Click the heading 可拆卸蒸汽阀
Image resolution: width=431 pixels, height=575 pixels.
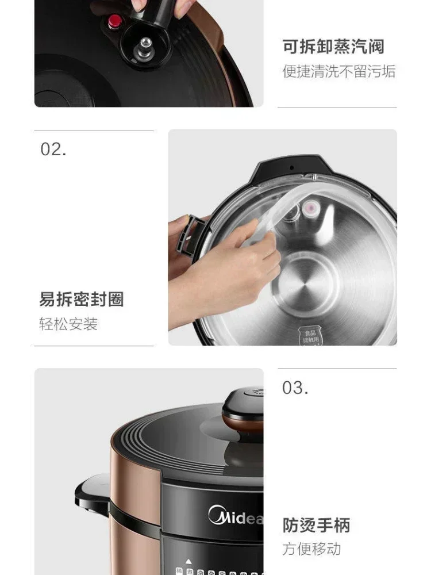333,47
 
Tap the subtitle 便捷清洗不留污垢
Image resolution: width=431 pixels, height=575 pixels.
338,71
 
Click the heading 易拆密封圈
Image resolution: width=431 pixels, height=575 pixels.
81,299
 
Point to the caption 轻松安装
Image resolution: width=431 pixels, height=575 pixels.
68,324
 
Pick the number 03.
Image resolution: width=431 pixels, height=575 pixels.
295,388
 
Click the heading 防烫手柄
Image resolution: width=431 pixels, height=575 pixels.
316,525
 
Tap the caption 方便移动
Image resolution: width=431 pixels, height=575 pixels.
311,549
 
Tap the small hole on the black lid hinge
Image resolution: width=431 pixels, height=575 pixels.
291,168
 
